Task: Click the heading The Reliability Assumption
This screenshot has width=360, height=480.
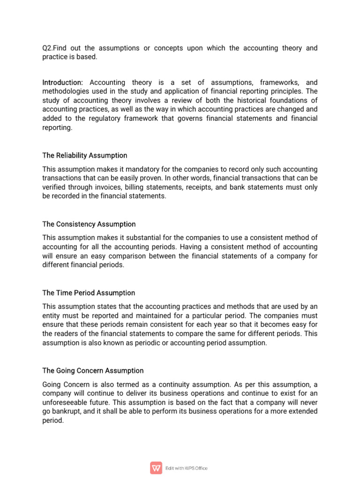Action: [x=84, y=155]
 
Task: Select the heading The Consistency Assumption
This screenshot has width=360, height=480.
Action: [x=89, y=224]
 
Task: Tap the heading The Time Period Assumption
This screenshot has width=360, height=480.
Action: [x=89, y=293]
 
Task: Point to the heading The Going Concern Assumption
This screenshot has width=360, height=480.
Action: [x=93, y=370]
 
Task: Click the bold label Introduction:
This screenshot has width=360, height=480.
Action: [x=63, y=82]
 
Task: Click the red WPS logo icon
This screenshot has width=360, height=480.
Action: [x=156, y=468]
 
